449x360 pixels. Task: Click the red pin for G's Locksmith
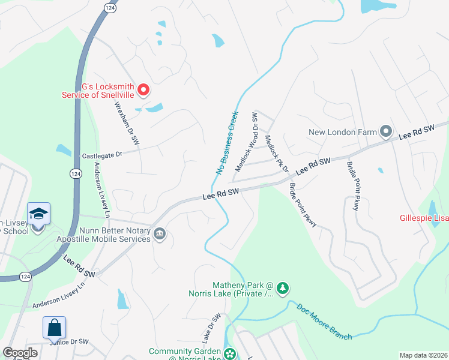coord(143,91)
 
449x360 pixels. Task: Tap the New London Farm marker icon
coord(385,131)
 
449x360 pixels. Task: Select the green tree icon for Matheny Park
coord(283,289)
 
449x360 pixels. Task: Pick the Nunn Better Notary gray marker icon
coord(160,233)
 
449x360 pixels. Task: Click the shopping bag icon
coord(54,328)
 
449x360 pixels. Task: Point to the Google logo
coord(20,353)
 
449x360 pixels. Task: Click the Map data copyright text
coord(423,355)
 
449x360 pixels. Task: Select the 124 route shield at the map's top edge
coord(109,7)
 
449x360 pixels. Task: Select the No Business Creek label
coord(228,143)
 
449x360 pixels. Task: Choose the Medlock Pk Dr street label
coord(277,154)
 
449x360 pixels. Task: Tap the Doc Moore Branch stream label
coord(324,322)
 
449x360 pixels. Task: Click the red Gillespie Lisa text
coord(424,217)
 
